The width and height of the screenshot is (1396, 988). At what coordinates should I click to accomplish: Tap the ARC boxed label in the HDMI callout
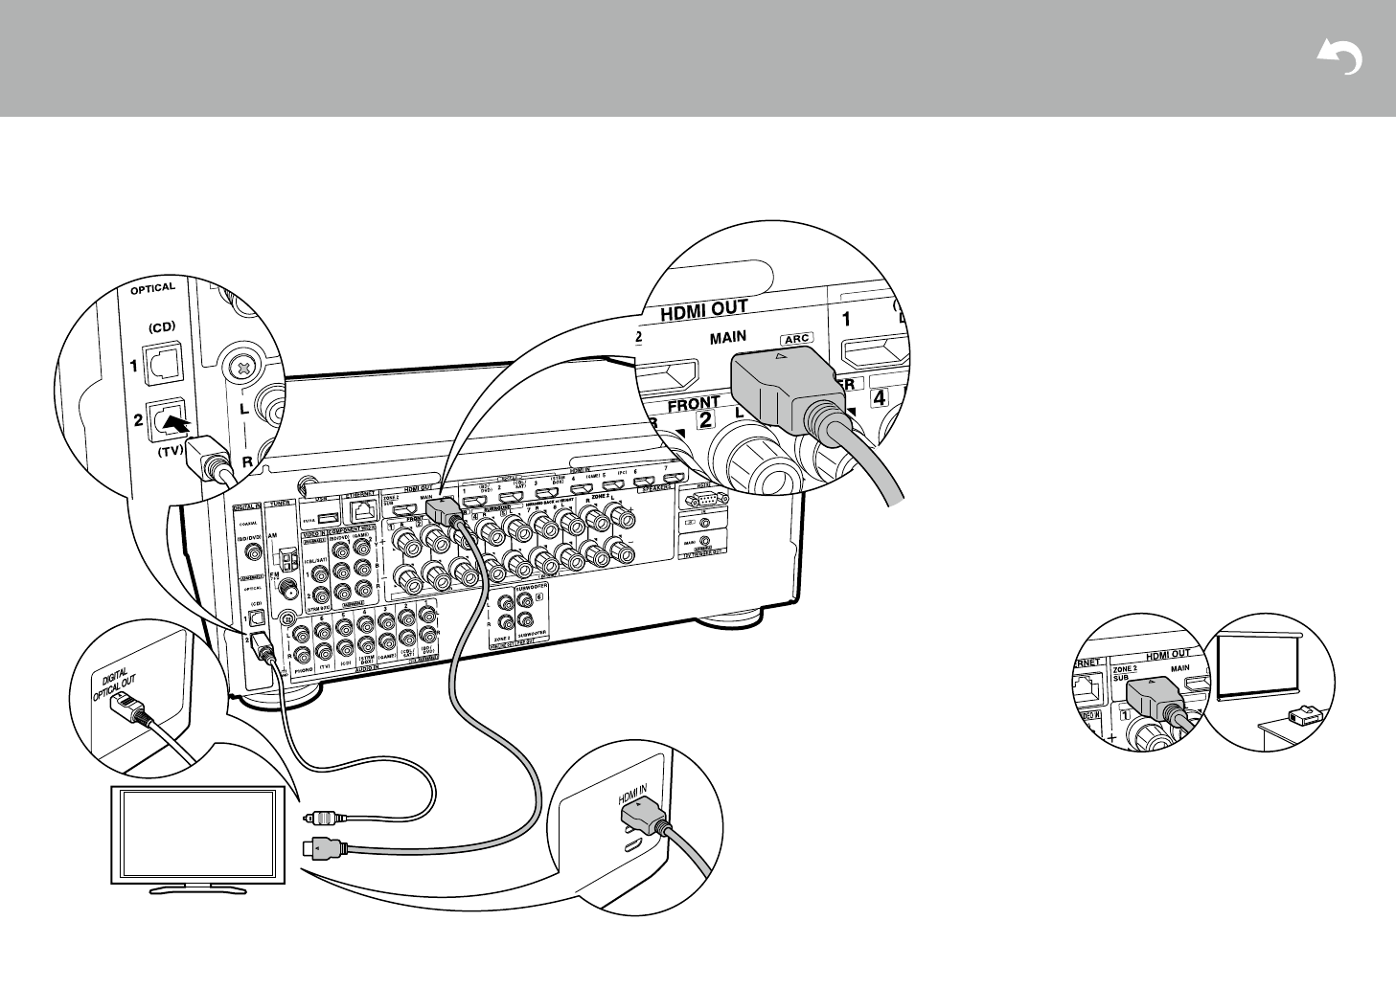coord(797,339)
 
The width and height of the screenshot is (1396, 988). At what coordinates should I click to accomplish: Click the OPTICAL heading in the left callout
coord(153,287)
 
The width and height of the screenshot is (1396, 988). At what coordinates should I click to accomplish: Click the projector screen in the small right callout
coord(1255,663)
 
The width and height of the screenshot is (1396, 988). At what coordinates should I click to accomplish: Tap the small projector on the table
coord(1300,714)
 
